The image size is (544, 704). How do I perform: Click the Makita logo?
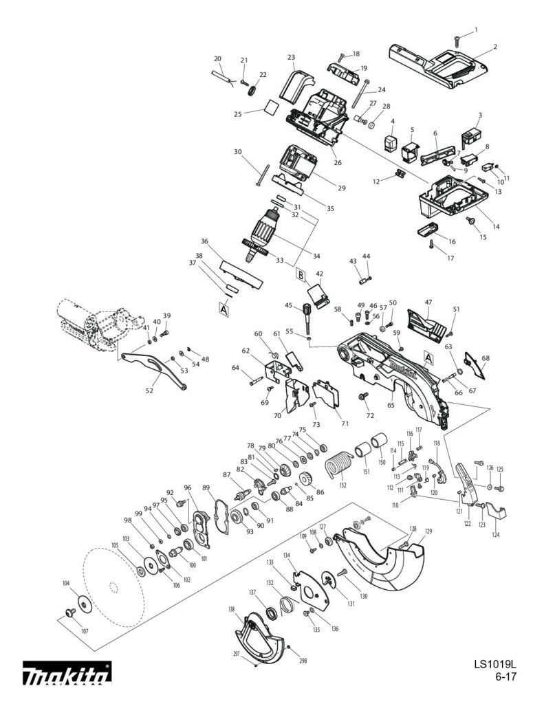point(67,674)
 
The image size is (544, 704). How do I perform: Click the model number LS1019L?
point(494,665)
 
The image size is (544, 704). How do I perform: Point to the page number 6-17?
point(505,677)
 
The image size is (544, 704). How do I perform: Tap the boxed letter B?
point(301,275)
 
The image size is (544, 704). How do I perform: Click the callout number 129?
point(428,531)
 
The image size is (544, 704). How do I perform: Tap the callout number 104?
point(66,583)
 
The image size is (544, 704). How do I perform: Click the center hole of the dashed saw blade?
point(113,586)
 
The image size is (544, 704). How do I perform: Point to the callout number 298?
point(303,661)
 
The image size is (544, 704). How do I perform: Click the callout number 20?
point(217,58)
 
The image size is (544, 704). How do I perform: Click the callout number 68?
point(486,358)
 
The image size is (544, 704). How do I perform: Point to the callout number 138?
point(232,609)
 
